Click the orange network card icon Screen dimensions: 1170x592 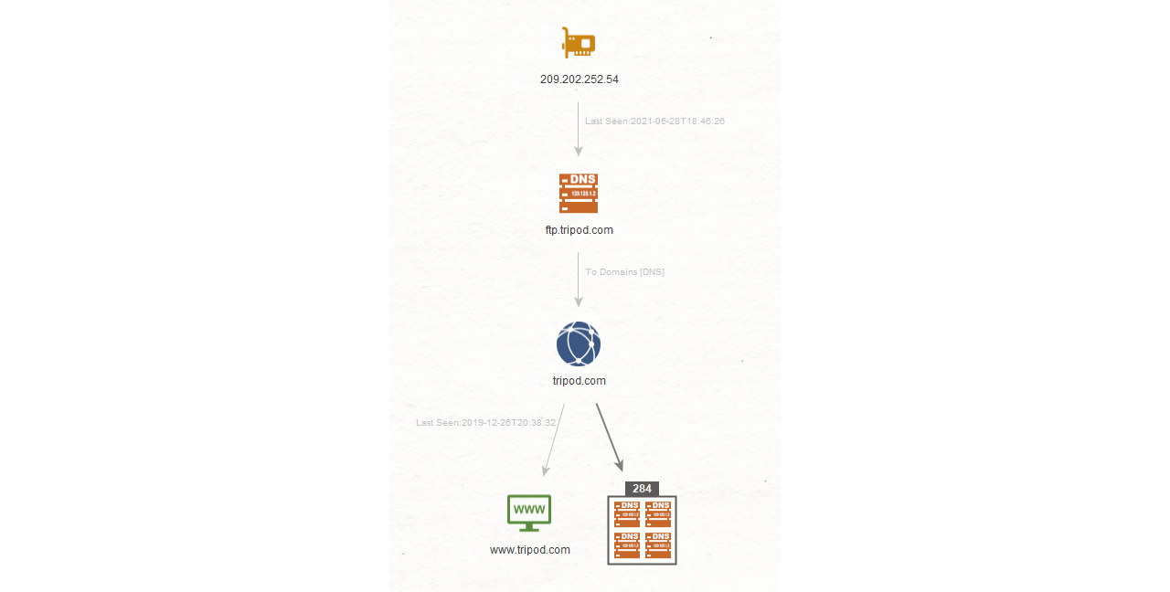pos(579,42)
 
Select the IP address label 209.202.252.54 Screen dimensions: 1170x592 pos(580,79)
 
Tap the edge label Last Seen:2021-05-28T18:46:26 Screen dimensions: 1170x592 pos(654,122)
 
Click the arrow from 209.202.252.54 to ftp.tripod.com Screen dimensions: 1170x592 pos(579,129)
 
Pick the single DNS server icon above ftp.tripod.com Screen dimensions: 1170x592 pos(579,193)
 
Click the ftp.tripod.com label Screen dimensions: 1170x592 pos(580,230)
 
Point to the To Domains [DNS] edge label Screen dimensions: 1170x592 pos(624,272)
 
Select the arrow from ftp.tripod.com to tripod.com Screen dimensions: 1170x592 pos(579,280)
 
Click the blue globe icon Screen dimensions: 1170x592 pos(579,344)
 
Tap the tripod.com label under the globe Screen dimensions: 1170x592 pos(580,381)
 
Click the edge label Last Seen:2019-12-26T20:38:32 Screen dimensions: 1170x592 pos(485,423)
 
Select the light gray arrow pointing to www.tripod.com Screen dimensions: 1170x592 pos(554,439)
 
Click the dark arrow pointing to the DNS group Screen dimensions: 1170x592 pos(610,437)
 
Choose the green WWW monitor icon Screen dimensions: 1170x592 pos(529,513)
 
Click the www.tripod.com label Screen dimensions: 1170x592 pos(529,550)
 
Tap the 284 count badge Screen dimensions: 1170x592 pos(642,489)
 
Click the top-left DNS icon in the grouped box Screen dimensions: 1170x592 pos(627,513)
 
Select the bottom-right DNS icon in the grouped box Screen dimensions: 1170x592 pos(658,545)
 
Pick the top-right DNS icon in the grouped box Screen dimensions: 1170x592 pos(658,513)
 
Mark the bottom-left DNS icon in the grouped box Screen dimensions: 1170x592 pos(627,545)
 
